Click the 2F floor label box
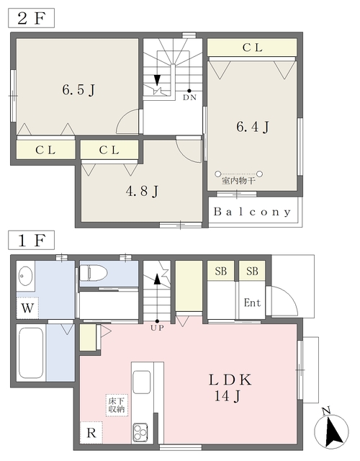(x=31, y=19)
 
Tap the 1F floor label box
(x=31, y=240)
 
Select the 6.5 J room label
(x=78, y=89)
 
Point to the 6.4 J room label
(x=253, y=127)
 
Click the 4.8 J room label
(x=143, y=192)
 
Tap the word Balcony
(x=253, y=212)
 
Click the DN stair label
(x=189, y=97)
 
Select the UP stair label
(x=157, y=328)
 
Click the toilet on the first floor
(x=93, y=273)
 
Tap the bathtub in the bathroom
(x=31, y=352)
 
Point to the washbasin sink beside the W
(x=26, y=276)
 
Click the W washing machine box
(x=27, y=308)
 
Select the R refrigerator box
(x=91, y=432)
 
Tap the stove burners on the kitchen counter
(x=140, y=432)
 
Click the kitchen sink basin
(x=141, y=382)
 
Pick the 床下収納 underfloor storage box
(x=117, y=405)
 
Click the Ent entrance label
(x=252, y=303)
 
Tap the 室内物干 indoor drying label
(x=238, y=181)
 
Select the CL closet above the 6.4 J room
(x=252, y=48)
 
